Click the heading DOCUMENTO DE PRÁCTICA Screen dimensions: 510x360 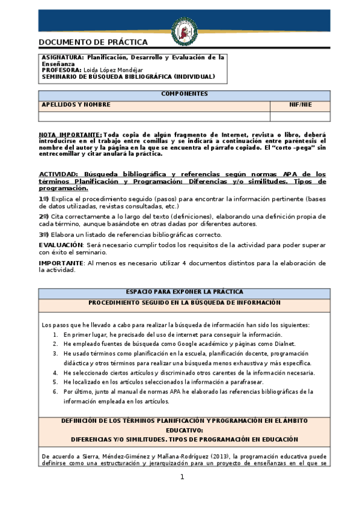93,42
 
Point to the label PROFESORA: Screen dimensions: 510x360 63,70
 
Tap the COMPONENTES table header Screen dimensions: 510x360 185,94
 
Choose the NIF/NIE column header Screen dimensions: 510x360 300,105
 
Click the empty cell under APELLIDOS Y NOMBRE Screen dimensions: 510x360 154,116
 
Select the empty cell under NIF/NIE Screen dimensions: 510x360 300,116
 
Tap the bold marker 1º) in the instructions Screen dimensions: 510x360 44,198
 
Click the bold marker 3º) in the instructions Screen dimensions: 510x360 44,235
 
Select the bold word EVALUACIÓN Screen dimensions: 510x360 60,245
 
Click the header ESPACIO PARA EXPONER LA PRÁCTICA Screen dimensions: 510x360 185,292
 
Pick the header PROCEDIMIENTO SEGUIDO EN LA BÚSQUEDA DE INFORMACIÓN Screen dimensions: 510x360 185,303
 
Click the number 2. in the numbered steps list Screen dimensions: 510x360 55,344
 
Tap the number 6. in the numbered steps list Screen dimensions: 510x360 55,392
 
